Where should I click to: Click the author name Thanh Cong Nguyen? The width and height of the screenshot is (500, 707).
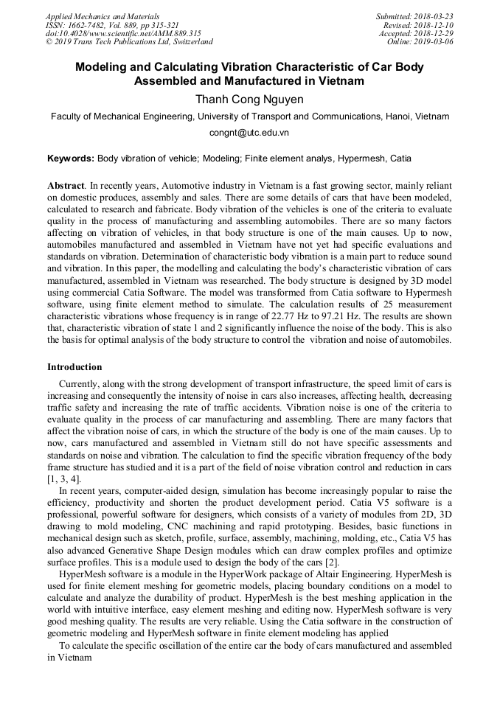pyautogui.click(x=249, y=98)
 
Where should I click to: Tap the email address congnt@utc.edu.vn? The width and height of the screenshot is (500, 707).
pyautogui.click(x=249, y=133)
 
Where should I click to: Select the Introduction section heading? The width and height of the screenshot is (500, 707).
pyautogui.click(x=74, y=366)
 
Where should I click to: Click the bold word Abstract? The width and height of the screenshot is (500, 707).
pyautogui.click(x=66, y=186)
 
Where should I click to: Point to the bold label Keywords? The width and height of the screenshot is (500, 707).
pyautogui.click(x=71, y=158)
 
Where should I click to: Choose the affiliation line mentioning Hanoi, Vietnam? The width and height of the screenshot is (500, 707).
pyautogui.click(x=249, y=116)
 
